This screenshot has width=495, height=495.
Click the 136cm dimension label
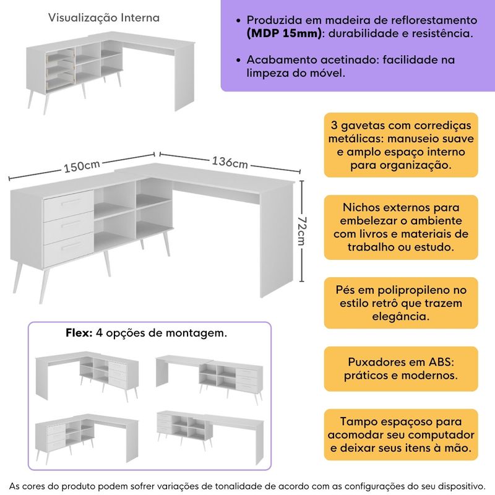coord(230,163)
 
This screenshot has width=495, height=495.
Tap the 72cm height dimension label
coord(302,231)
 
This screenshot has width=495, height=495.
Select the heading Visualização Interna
coord(104,18)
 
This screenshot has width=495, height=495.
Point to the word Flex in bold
coord(79,333)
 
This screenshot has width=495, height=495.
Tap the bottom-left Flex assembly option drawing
coord(87,436)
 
